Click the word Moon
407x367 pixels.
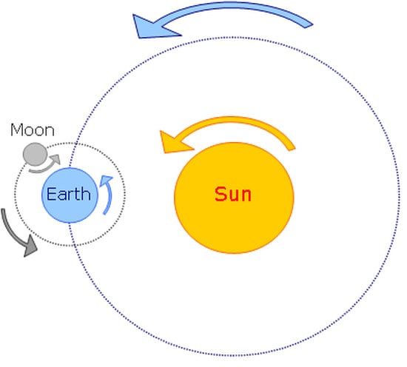pyautogui.click(x=33, y=129)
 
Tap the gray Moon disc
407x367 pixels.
pyautogui.click(x=35, y=154)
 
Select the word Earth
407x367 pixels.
pyautogui.click(x=69, y=194)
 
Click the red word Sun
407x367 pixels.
pyautogui.click(x=233, y=194)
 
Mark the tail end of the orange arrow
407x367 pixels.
pyautogui.click(x=292, y=149)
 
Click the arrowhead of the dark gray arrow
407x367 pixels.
pyautogui.click(x=30, y=246)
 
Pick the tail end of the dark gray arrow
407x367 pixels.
pyautogui.click(x=3, y=209)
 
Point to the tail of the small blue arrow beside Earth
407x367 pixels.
pyautogui.click(x=104, y=213)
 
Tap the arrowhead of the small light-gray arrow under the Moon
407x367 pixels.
pyautogui.click(x=55, y=159)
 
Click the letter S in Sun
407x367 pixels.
pyautogui.click(x=221, y=194)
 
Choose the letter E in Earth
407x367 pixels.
pyautogui.click(x=51, y=194)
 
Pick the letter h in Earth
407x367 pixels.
pyautogui.click(x=87, y=193)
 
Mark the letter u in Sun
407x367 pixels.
pyautogui.click(x=233, y=196)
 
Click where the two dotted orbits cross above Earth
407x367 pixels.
pyautogui.click(x=75, y=144)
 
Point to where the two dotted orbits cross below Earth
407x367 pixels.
pyautogui.click(x=73, y=245)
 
